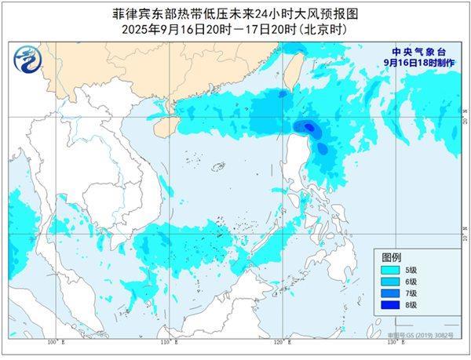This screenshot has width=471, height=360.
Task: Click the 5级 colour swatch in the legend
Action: (390, 269)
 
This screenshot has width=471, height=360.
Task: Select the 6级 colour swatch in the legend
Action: (390, 281)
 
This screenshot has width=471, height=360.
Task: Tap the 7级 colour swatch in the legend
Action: (390, 293)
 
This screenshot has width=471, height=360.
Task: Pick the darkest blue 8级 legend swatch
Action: (390, 304)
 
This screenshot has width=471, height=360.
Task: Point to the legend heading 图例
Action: (391, 256)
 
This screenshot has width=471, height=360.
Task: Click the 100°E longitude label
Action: (53, 343)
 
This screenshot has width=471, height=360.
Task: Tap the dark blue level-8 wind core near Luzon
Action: (309, 126)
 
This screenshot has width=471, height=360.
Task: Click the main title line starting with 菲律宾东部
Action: (235, 13)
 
